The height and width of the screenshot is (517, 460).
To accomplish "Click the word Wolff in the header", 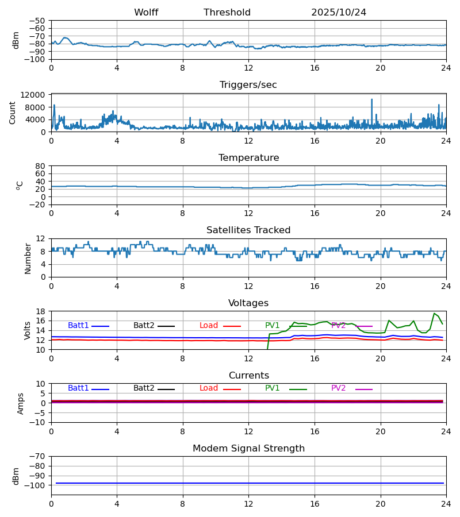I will [x=146, y=13].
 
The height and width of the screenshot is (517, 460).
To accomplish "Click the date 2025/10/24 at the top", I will [x=339, y=13].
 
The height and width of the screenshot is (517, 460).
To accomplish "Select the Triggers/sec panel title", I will [x=248, y=85].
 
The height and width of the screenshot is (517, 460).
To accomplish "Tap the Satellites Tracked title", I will [x=248, y=230].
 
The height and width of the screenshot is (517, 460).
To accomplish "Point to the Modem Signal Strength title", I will [x=248, y=449].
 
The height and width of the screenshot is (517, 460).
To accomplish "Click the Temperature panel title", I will [x=248, y=158].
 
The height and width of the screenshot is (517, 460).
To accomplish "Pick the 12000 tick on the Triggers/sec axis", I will [x=36, y=95].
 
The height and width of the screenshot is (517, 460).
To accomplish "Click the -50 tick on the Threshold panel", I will [x=38, y=21].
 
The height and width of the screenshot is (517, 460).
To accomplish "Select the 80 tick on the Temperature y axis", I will [x=40, y=166].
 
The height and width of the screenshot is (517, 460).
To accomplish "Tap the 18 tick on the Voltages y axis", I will [x=40, y=311].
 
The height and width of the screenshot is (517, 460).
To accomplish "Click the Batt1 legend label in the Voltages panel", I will [x=78, y=326].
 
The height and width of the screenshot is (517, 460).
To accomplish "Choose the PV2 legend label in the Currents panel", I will [x=339, y=388].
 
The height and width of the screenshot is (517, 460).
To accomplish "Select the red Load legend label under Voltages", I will [x=209, y=326].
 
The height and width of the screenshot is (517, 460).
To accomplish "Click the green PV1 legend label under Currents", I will [x=273, y=388].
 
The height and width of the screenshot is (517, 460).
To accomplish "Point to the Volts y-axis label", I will [x=28, y=330].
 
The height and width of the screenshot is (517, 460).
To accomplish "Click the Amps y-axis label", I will [x=21, y=403].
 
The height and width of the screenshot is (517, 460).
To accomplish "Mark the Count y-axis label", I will [x=13, y=113].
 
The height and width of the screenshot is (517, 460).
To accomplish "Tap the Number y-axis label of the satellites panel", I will [x=28, y=258].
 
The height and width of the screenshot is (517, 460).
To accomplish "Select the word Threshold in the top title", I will [x=227, y=13].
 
